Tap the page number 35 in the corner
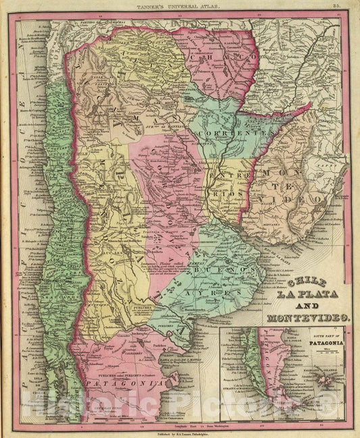(x=345, y=7)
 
